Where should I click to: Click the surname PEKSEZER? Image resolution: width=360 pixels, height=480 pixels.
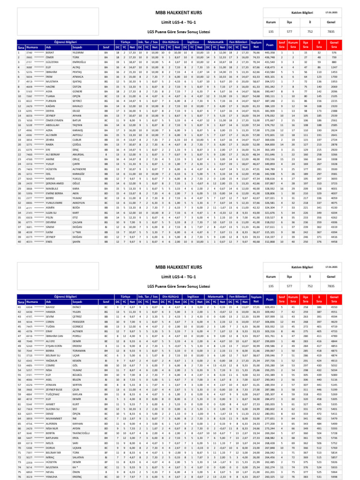(79, 309)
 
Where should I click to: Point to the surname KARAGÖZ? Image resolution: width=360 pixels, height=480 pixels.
(78, 173)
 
